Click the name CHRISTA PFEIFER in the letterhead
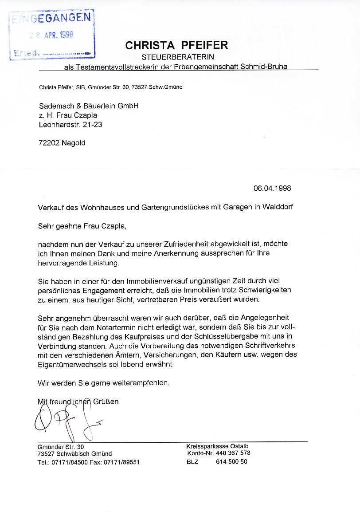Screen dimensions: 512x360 (x=177, y=45)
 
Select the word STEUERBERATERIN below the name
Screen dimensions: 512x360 (x=178, y=57)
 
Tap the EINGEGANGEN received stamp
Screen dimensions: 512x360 (x=52, y=18)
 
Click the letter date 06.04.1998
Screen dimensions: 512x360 (x=272, y=188)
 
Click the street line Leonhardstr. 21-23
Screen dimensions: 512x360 (x=70, y=125)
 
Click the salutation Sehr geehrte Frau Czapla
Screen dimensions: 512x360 (x=82, y=226)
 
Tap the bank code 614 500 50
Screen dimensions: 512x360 (x=232, y=461)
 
